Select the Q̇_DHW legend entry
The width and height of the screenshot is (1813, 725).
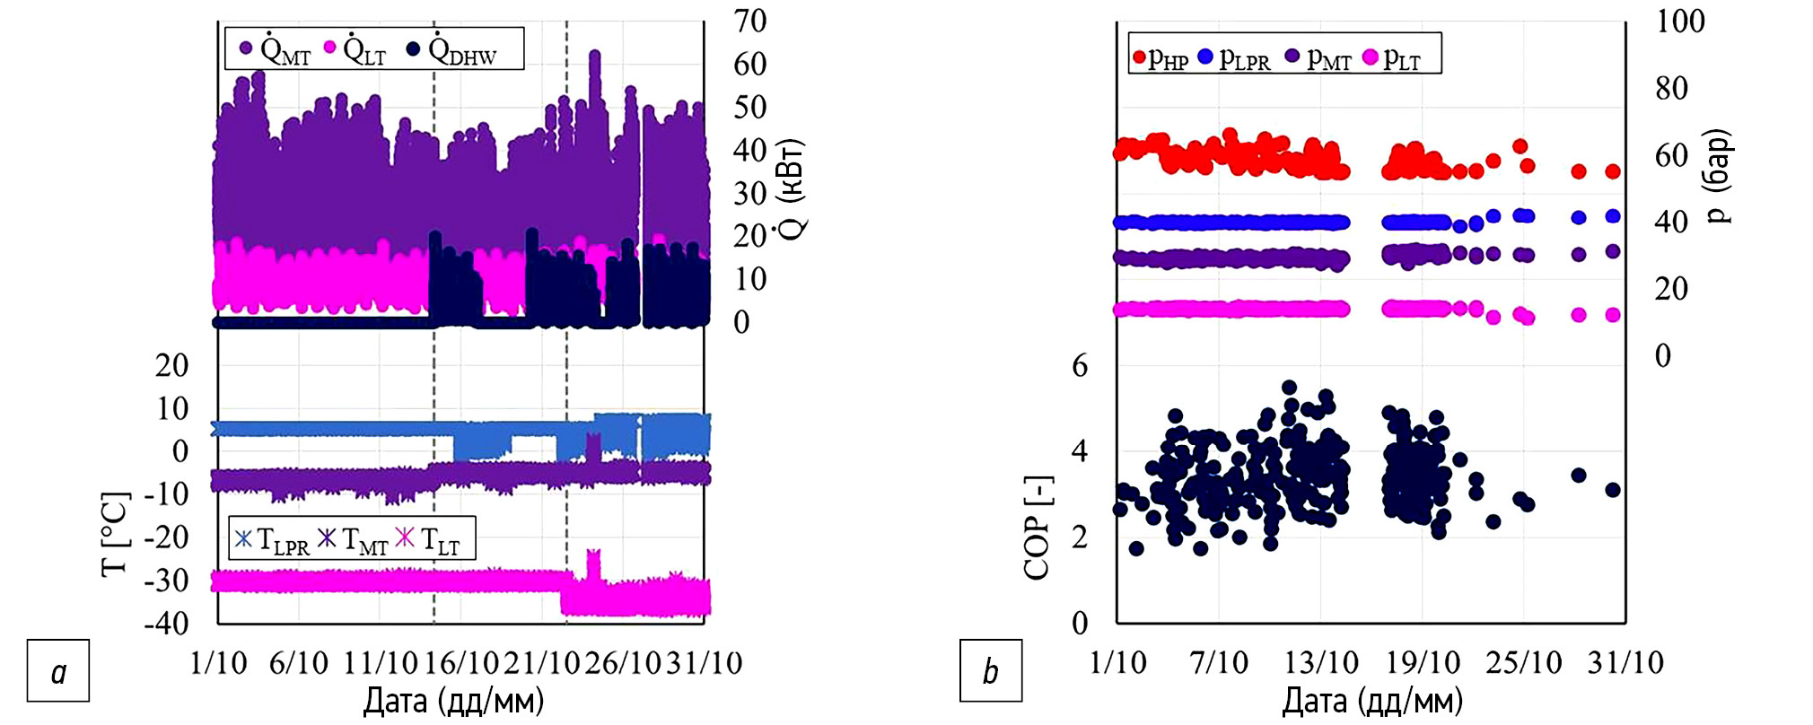click(x=452, y=49)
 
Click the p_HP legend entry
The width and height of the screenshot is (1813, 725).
click(x=1160, y=58)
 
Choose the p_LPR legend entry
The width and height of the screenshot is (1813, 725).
click(x=1234, y=58)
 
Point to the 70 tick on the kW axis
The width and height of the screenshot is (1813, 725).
click(x=750, y=21)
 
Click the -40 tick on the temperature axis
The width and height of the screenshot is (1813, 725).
click(x=167, y=622)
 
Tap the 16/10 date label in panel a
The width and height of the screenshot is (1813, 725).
click(x=460, y=663)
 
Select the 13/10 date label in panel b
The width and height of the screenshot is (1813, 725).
click(x=1321, y=663)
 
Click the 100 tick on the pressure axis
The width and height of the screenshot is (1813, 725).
click(x=1679, y=22)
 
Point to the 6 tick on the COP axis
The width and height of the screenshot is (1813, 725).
click(x=1080, y=365)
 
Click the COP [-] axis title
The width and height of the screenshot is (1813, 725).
click(x=1038, y=528)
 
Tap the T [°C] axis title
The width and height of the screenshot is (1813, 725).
click(x=116, y=533)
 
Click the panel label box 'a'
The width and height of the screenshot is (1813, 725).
click(x=58, y=670)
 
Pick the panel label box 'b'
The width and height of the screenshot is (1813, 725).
click(x=991, y=670)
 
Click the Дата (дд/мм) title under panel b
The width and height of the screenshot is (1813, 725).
click(x=1372, y=701)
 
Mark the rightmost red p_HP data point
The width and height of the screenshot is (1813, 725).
click(x=1613, y=171)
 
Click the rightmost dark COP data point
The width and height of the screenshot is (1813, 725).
click(x=1613, y=490)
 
